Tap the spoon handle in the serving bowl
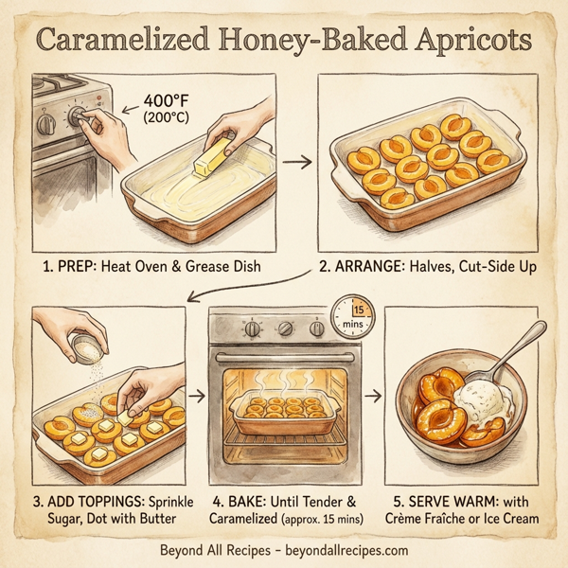[x=524, y=340]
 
